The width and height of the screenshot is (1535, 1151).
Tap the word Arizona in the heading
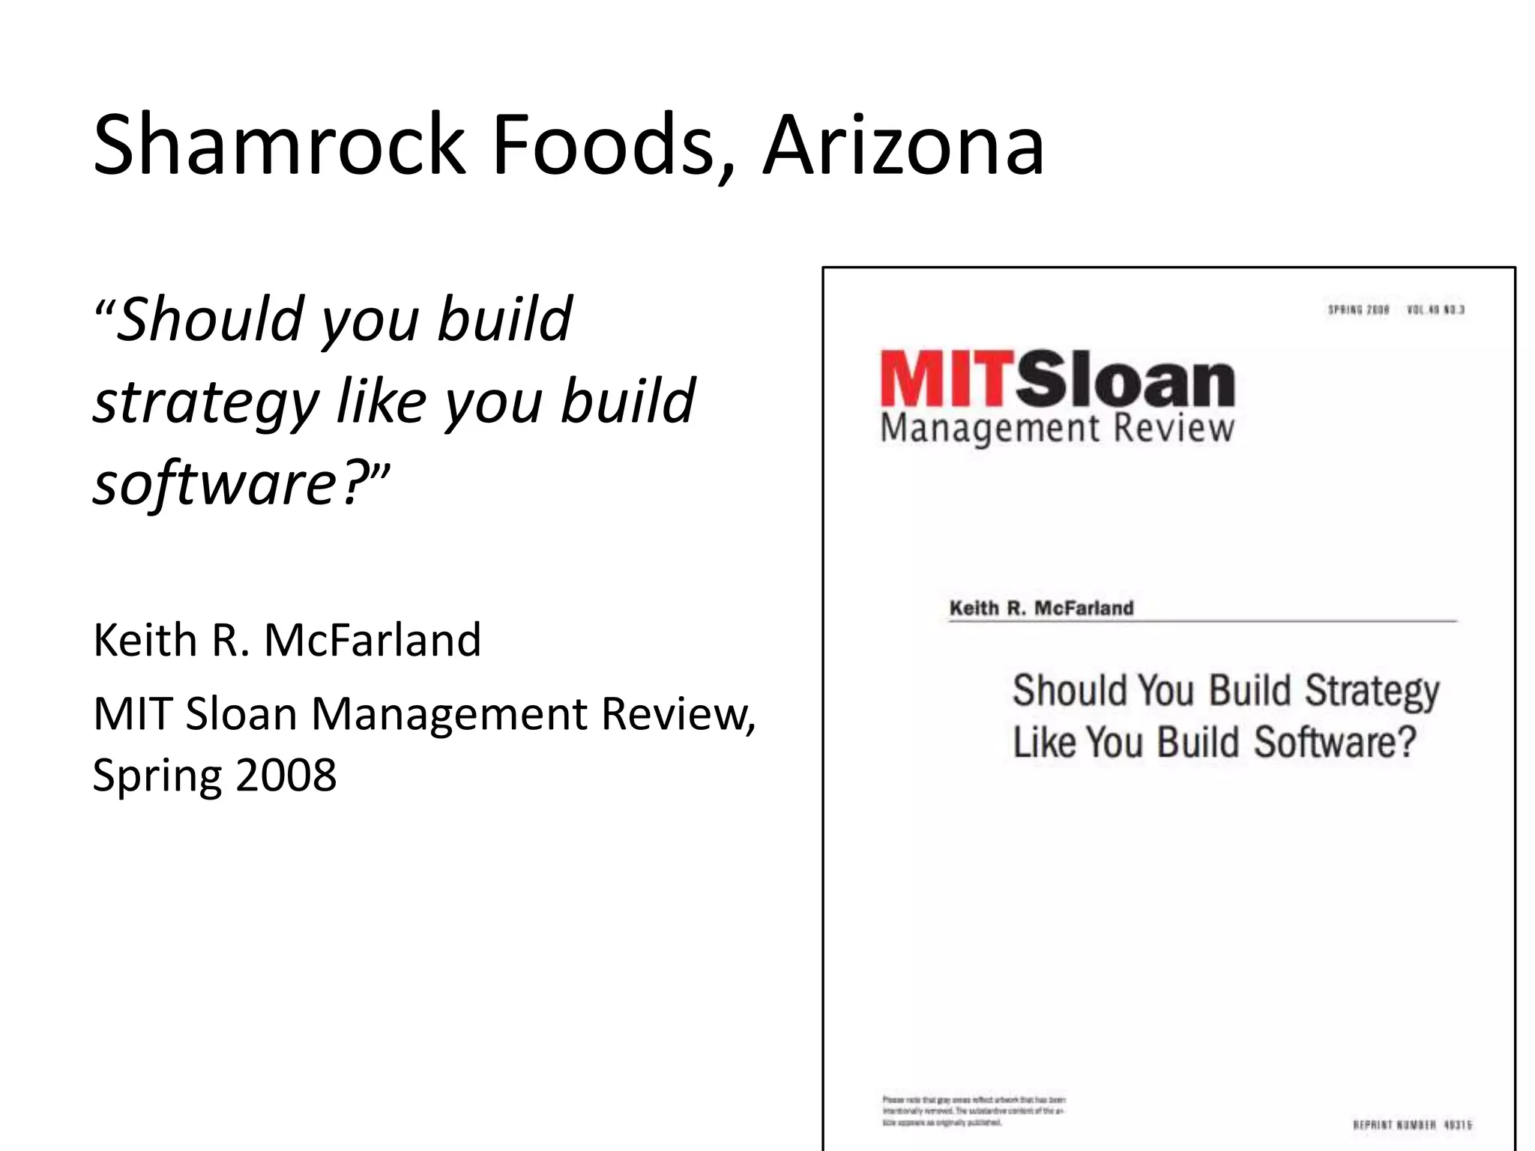(902, 144)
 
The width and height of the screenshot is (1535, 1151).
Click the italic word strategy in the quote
(206, 403)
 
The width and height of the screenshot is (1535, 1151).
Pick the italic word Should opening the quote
(210, 319)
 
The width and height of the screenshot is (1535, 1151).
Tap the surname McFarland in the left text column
(373, 640)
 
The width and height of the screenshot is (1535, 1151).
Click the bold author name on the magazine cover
(1041, 608)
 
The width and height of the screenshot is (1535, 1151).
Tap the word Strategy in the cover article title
(1372, 691)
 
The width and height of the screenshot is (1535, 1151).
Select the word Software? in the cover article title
(1335, 743)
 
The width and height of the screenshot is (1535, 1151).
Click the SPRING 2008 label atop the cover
(1358, 310)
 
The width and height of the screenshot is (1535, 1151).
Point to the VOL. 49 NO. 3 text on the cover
(1436, 310)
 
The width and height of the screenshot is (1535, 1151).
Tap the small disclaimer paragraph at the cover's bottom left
(973, 1111)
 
